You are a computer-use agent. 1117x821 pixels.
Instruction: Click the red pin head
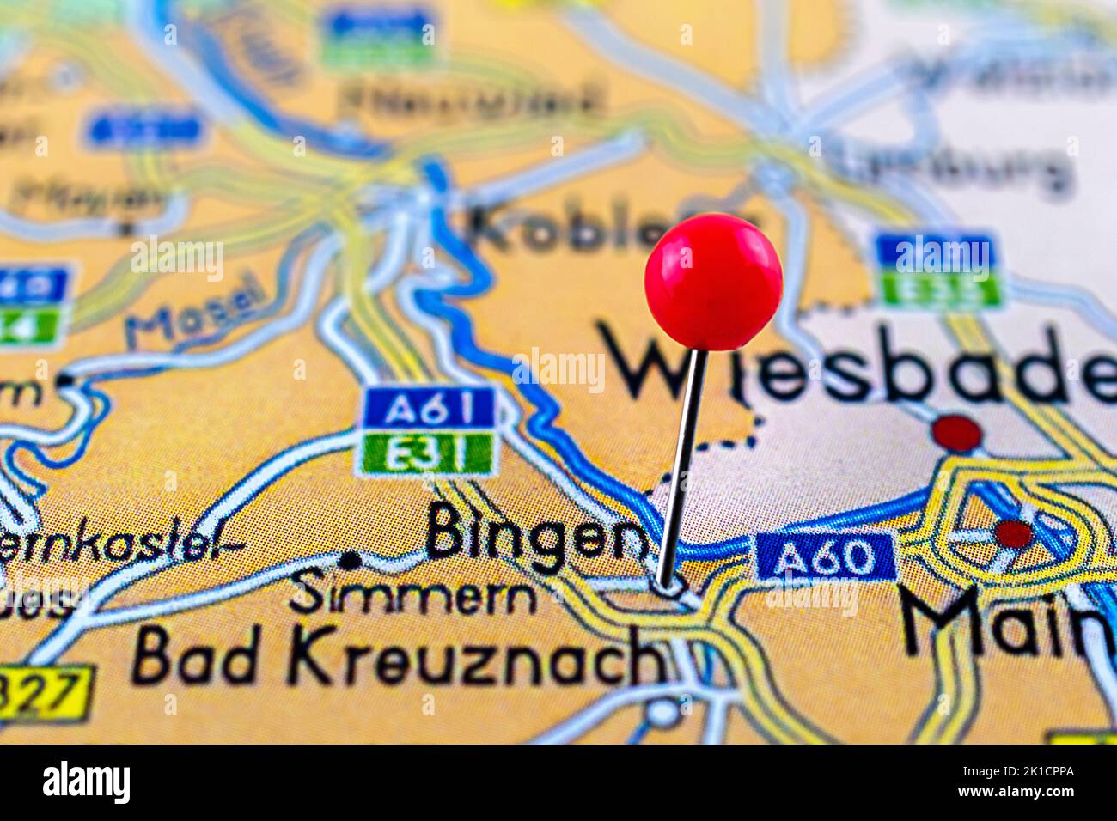point(713,281)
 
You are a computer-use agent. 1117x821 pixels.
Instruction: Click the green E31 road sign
point(427,453)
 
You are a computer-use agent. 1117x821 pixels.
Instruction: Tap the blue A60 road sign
point(825,556)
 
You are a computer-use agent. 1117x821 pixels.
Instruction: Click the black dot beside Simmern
point(350,561)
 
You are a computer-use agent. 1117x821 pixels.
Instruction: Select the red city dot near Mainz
point(1014,533)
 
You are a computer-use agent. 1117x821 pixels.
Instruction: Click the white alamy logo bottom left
point(87,782)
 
